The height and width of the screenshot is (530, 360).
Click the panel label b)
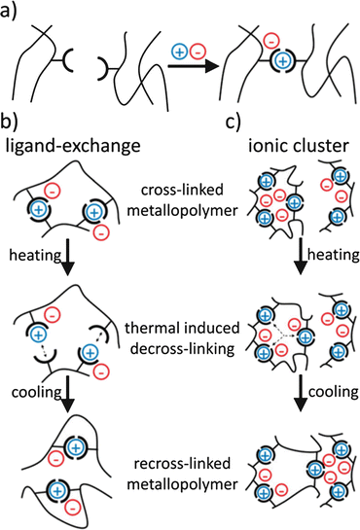(12, 125)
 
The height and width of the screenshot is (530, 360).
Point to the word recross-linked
(179, 457)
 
